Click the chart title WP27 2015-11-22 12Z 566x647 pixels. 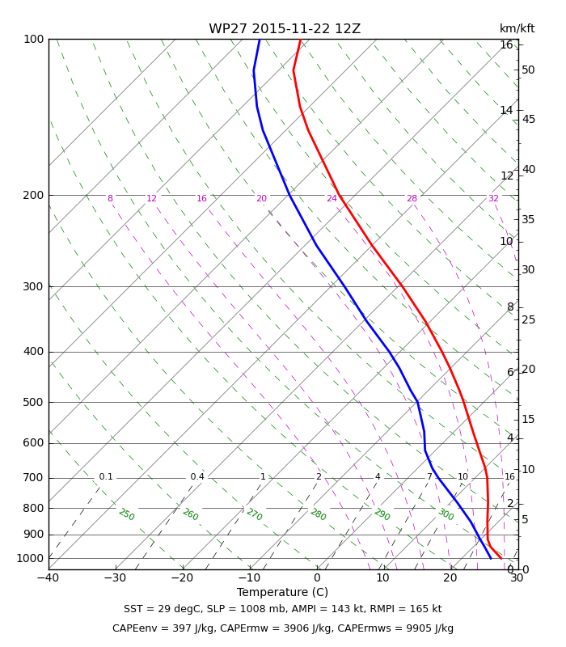285,29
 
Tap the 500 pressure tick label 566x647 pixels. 33,402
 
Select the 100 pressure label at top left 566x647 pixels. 33,39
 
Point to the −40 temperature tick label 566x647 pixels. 48,577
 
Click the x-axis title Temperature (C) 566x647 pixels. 282,592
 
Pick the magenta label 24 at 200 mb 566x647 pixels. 332,198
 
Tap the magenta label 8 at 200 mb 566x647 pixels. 110,198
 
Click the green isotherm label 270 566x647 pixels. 254,514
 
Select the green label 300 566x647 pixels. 446,514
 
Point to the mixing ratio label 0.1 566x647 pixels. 106,477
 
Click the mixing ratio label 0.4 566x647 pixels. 197,477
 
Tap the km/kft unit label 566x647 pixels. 517,28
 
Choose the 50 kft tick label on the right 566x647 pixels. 528,70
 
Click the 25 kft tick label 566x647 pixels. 528,319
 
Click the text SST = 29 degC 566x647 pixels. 162,609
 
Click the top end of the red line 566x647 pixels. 300,40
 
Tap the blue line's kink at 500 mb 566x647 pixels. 417,402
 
